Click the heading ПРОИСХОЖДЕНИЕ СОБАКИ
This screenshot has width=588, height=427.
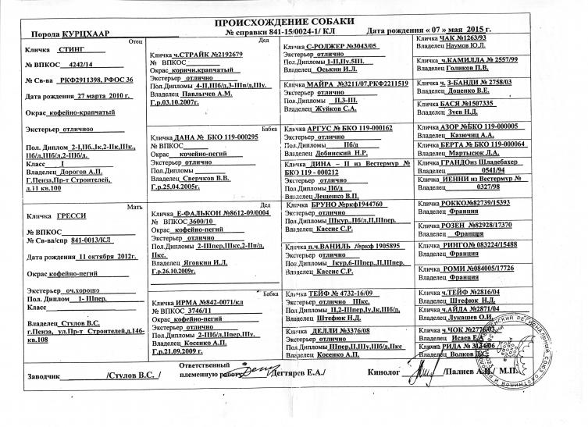[x=294, y=20]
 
